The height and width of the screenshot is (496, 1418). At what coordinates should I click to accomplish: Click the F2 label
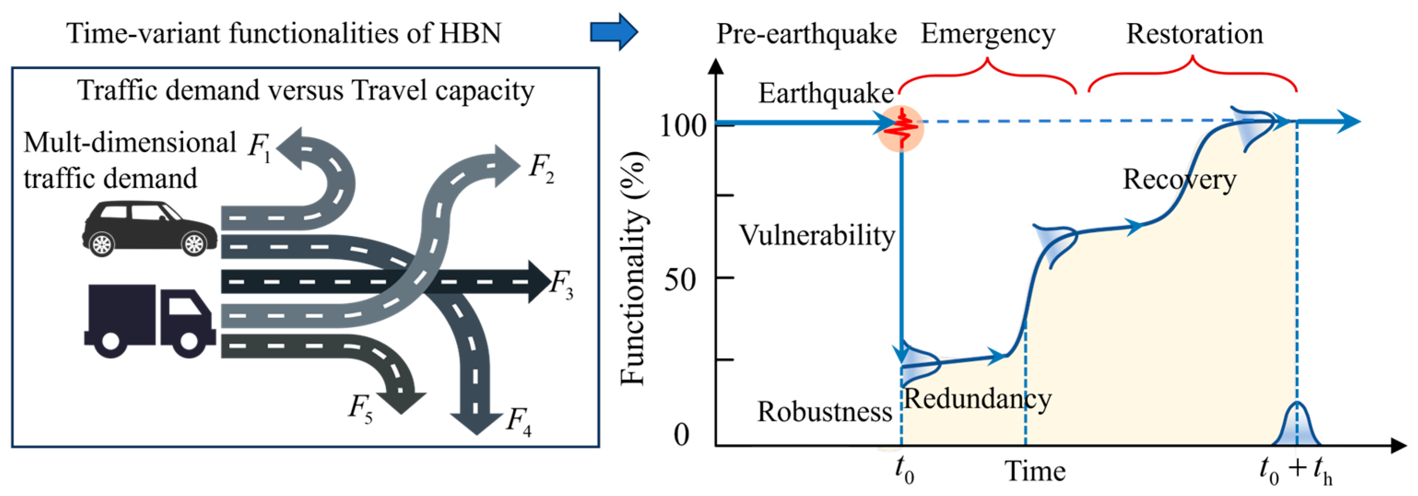[x=541, y=168]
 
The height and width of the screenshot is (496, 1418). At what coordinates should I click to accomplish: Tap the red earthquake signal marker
[x=901, y=128]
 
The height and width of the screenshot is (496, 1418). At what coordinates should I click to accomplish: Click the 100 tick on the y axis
[x=683, y=126]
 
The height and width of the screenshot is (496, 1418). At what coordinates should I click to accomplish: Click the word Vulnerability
[x=816, y=235]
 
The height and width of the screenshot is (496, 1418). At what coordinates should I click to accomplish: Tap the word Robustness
[x=824, y=412]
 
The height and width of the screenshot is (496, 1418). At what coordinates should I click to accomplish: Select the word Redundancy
[x=977, y=399]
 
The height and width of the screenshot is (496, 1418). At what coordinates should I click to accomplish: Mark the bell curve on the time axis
[x=1297, y=426]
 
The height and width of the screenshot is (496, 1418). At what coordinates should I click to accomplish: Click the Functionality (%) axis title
[x=633, y=268]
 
